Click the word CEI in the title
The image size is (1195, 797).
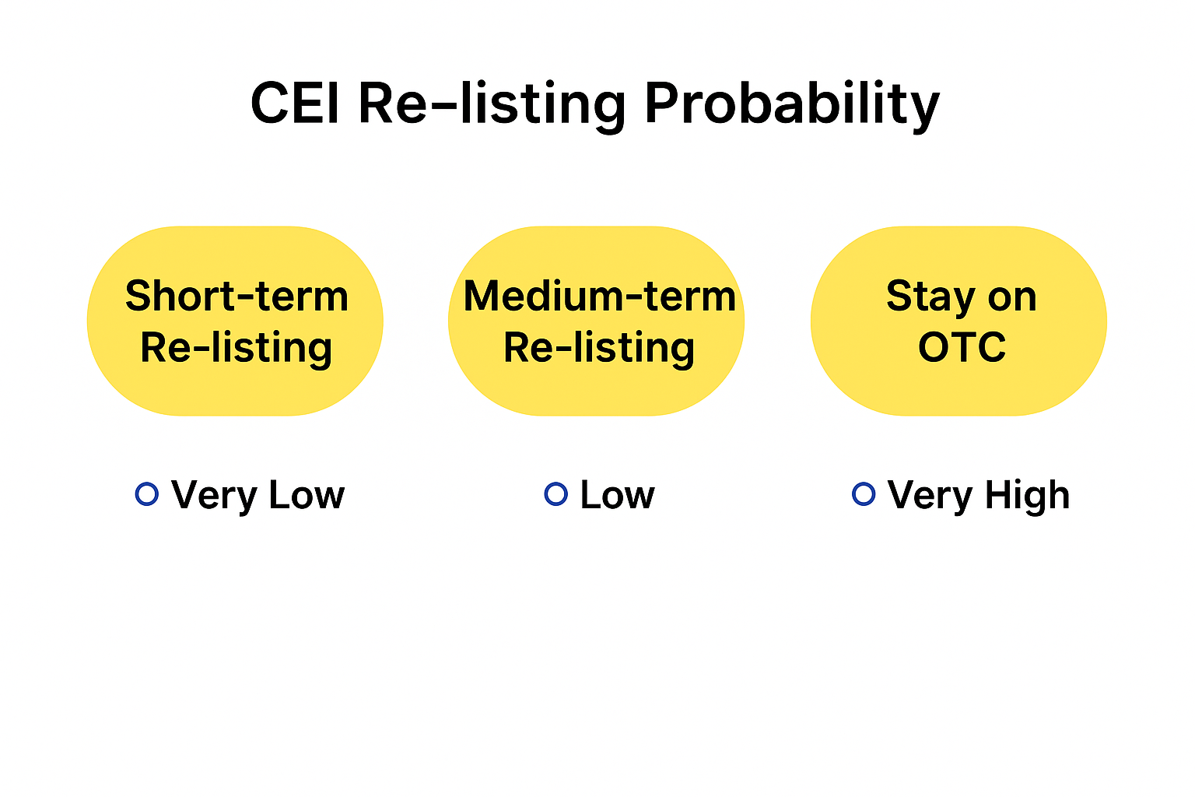(295, 103)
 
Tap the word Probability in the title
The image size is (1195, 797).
(792, 106)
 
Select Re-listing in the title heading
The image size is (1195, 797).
(492, 106)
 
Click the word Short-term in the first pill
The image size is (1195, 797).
(237, 296)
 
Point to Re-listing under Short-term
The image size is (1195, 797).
(237, 348)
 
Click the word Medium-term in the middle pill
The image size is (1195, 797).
(600, 296)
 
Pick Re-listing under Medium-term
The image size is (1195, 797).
(599, 348)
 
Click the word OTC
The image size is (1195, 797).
(962, 347)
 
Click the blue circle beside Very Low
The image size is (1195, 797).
(147, 493)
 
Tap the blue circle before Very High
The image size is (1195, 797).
(864, 493)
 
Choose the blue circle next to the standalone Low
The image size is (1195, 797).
(556, 493)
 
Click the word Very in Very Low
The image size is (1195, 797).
(215, 497)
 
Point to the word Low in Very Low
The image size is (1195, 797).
(307, 495)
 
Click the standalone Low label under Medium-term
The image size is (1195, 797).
(618, 495)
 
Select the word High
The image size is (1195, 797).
(1028, 497)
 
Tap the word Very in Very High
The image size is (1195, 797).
(931, 497)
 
